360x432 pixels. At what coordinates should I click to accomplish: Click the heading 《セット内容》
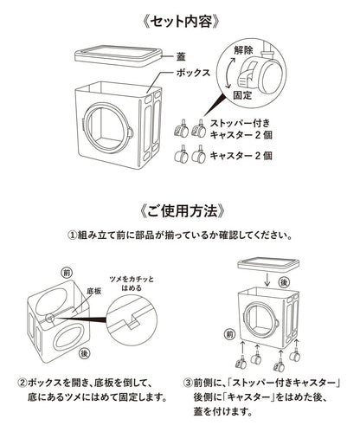point(181,22)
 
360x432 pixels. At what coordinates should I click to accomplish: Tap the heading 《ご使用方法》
point(181,210)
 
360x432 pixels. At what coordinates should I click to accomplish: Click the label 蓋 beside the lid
point(181,56)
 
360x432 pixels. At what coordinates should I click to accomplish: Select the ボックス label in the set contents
point(193,73)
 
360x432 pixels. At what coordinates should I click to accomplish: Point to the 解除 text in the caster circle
point(243,50)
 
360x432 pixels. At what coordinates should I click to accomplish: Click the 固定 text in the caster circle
point(242,95)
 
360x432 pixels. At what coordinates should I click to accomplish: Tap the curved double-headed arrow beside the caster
point(228,73)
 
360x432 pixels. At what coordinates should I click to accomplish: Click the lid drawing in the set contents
point(118,55)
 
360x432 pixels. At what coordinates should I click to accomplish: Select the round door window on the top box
point(106,126)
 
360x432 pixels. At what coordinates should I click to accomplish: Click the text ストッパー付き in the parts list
point(240,123)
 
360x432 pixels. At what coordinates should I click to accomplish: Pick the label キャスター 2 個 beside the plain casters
point(241,156)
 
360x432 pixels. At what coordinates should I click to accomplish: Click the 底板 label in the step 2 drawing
point(93,291)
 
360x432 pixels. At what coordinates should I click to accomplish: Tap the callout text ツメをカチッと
point(132,280)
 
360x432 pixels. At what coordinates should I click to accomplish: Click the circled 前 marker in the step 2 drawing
point(67,273)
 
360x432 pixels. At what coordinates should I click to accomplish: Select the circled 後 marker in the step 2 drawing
point(84,353)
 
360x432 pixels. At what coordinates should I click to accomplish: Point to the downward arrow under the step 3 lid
point(267,280)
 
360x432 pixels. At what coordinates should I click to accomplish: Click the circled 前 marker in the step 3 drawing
point(229,334)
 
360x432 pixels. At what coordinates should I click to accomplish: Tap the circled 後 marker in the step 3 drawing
point(284,282)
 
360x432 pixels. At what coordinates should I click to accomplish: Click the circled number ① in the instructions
point(72,235)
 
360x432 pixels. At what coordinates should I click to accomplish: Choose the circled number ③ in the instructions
point(188,383)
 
